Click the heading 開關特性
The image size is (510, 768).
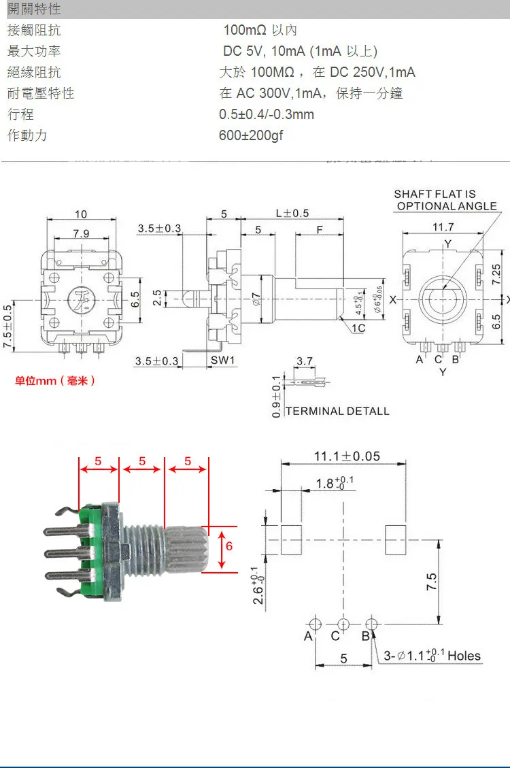[34, 9]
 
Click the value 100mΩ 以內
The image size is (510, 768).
[260, 31]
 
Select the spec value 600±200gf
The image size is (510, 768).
[250, 135]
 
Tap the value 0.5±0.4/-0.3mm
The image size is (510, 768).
[267, 114]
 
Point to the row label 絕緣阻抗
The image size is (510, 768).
[34, 72]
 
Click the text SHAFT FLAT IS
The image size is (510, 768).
[435, 195]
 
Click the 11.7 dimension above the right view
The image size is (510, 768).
[443, 227]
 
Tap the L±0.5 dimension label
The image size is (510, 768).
[292, 213]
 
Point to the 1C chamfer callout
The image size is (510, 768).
[358, 328]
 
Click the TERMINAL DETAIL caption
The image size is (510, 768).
[337, 411]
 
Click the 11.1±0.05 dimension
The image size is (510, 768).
[347, 456]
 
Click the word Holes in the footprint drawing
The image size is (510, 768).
[464, 656]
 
